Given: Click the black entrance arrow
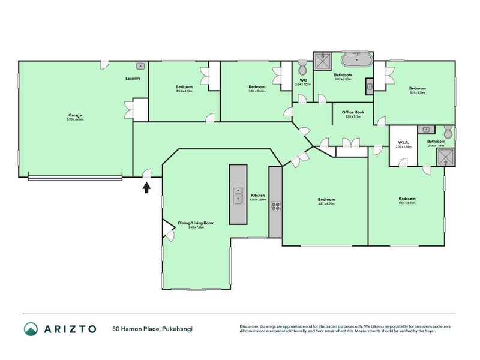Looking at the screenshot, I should point(145,187).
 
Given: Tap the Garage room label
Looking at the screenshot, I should point(75,115).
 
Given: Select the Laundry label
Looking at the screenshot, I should point(133,79).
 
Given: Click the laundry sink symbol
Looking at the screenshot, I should point(140,65).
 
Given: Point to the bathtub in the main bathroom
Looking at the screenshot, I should point(357,61).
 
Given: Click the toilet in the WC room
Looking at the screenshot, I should point(302,65).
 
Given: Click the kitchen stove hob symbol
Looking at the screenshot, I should point(275,207).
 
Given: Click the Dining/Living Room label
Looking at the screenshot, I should point(196,223).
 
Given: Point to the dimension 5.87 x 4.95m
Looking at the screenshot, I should point(326,204).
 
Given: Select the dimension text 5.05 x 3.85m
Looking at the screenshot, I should point(407,203).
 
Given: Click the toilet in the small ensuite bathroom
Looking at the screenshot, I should point(448,133).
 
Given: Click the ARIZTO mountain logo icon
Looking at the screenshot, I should point(31,328).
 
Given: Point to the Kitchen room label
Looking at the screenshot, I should point(257,196).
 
